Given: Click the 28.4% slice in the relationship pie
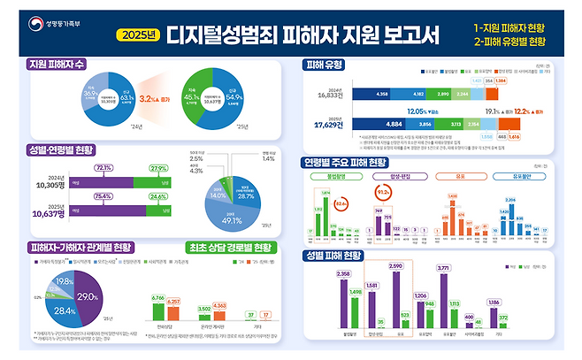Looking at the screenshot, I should click(x=63, y=310).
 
